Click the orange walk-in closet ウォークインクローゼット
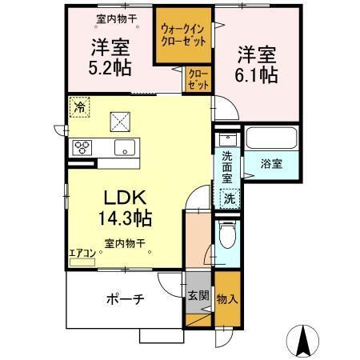coord(183,37)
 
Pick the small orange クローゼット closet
coord(198,79)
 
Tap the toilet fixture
coord(226,235)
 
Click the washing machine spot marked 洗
coord(229,197)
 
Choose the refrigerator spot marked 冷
coord(79,106)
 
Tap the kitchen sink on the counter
coord(124,147)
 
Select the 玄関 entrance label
coord(199,295)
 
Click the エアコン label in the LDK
coord(82,254)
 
